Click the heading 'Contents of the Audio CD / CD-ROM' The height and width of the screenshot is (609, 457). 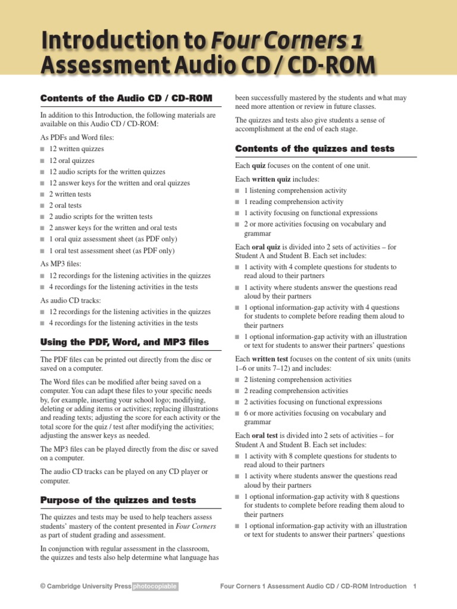(x=127, y=98)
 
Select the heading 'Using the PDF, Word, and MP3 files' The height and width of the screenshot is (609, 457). (x=124, y=342)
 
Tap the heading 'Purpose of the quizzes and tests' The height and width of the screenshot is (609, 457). (x=118, y=500)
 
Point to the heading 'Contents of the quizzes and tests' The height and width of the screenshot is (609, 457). (x=315, y=148)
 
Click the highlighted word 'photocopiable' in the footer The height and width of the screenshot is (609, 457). (x=155, y=586)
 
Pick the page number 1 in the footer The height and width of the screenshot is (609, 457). (x=414, y=586)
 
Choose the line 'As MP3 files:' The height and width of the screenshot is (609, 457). (x=61, y=263)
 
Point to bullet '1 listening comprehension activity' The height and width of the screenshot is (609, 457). (x=295, y=191)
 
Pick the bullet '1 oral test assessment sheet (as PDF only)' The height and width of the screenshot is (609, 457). (x=112, y=251)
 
